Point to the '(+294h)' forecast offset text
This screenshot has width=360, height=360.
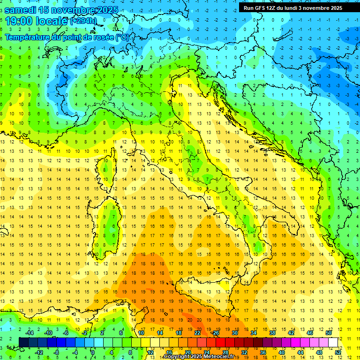[x=84, y=21]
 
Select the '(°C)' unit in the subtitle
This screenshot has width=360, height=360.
[x=122, y=37]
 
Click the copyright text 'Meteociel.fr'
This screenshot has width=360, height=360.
[x=216, y=357]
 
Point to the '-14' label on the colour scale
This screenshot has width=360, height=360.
[x=29, y=333]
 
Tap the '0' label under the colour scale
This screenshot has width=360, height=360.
[x=93, y=352]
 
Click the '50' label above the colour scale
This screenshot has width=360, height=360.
[x=328, y=333]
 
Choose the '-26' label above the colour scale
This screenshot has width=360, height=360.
[x=215, y=333]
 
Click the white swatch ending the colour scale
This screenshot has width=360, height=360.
[x=333, y=342]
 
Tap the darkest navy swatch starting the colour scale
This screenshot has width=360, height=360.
[x=23, y=342]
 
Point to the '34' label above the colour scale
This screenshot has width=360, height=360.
[x=253, y=333]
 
